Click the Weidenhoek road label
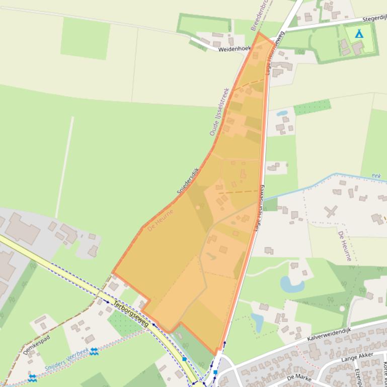235,49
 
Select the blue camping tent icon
359,34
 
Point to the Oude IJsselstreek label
219,112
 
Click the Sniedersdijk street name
188,181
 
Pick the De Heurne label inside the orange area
161,220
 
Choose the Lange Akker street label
357,357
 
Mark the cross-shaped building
331,211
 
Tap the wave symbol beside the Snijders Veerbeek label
94,351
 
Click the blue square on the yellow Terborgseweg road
185,359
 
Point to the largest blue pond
291,284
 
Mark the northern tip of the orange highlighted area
259,33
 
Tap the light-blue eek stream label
376,175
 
